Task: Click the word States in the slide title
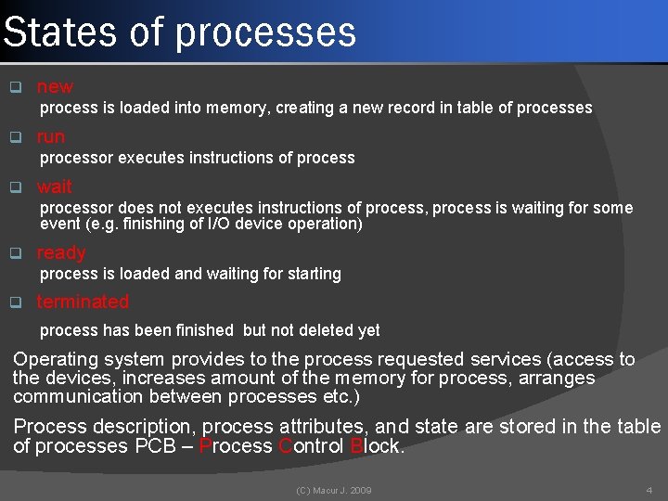(x=60, y=32)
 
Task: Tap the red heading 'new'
(x=55, y=87)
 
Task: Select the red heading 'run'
(x=51, y=136)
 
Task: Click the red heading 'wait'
(x=54, y=186)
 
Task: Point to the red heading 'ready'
(x=61, y=252)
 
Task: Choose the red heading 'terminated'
(x=83, y=302)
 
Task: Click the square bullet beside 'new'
(x=15, y=88)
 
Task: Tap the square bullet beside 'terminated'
(x=15, y=302)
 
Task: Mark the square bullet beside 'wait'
(x=15, y=186)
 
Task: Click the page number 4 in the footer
(x=649, y=490)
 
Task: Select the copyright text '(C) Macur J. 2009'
(x=333, y=490)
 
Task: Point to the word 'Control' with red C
(x=311, y=446)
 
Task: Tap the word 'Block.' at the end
(x=378, y=446)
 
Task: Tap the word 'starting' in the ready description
(x=311, y=274)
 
